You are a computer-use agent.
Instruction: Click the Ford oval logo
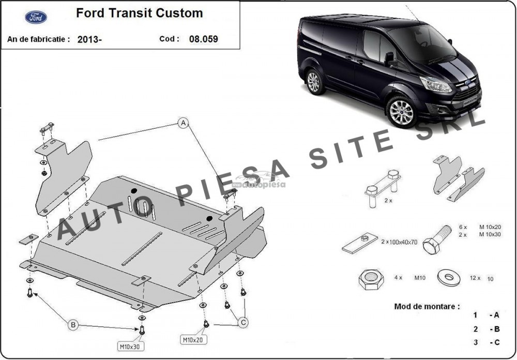(36, 17)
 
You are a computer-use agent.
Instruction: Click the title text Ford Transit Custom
(140, 13)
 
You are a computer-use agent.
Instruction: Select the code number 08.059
(203, 39)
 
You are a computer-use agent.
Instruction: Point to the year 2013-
(89, 40)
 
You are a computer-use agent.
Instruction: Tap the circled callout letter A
(184, 123)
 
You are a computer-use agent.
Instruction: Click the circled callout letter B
(73, 325)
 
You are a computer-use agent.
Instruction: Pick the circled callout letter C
(243, 322)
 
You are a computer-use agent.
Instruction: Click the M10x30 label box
(131, 347)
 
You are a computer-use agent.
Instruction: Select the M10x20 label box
(193, 339)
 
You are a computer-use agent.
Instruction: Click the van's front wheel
(401, 112)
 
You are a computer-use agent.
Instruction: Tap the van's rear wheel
(314, 82)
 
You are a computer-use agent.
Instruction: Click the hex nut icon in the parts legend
(371, 279)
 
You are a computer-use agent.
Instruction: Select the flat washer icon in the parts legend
(449, 278)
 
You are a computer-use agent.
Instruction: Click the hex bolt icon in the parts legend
(436, 239)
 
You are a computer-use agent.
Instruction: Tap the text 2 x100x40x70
(399, 242)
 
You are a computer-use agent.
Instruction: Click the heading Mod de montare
(427, 306)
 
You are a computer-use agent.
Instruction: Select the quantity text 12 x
(475, 278)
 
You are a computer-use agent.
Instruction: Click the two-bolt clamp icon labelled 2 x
(383, 188)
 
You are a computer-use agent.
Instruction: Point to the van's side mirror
(390, 59)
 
